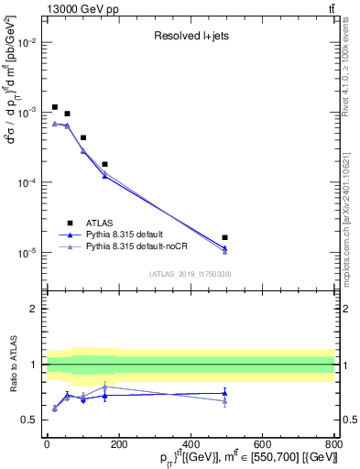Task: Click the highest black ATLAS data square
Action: pos(55,107)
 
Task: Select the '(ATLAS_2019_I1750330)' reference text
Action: pos(190,273)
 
